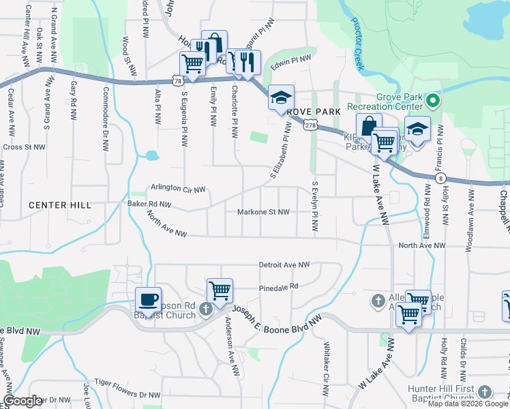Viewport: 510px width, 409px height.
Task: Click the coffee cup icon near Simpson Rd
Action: (x=148, y=299)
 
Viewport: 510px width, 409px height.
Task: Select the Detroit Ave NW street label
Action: (x=284, y=264)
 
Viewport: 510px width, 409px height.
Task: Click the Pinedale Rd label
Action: (x=278, y=286)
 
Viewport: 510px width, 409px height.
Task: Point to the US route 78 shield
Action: (x=177, y=80)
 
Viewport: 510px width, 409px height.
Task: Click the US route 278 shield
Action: (x=311, y=125)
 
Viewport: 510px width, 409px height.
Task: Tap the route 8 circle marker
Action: (x=438, y=177)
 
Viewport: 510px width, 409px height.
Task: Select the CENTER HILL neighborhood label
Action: (x=59, y=205)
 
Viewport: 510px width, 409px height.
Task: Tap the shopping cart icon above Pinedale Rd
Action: (x=220, y=290)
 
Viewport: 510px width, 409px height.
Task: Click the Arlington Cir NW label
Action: (x=178, y=187)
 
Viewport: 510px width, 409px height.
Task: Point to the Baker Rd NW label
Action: (x=149, y=204)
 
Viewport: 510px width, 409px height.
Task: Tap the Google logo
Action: (x=23, y=401)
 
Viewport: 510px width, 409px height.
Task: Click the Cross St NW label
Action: (x=22, y=147)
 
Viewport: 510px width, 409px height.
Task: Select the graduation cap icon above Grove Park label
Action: (x=281, y=97)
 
